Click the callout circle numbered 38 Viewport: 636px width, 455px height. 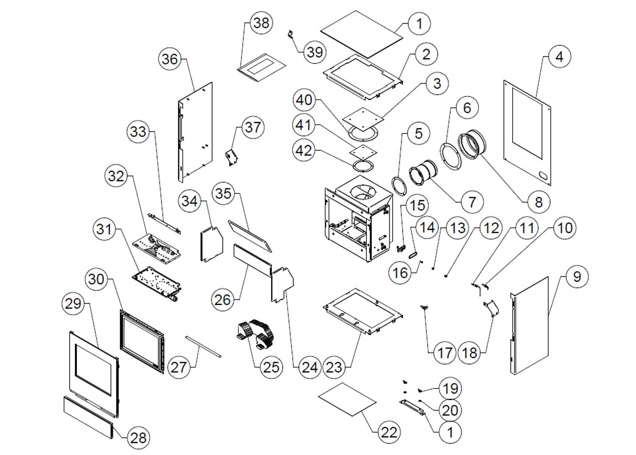261,22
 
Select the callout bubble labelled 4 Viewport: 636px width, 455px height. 559,56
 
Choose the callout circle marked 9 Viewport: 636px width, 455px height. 577,277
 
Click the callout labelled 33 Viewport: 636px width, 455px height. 138,132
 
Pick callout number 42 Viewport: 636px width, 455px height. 304,150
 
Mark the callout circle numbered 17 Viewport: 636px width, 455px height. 444,352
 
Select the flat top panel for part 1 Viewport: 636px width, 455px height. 362,33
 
